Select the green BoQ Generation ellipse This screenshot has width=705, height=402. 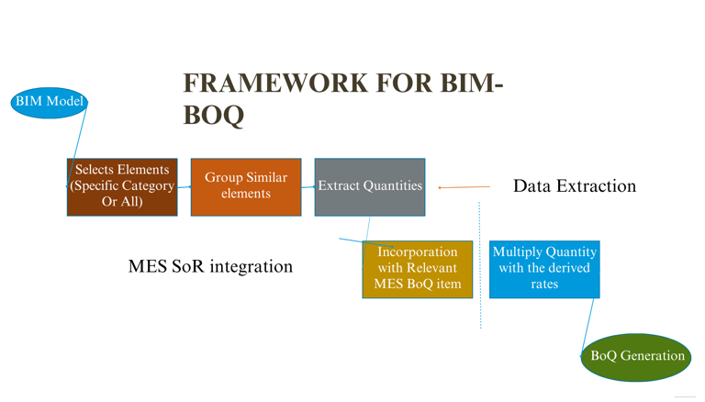[637, 356]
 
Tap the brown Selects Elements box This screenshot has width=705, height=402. [122, 186]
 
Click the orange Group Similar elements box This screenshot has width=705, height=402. [245, 186]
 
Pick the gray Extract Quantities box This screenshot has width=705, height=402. [370, 186]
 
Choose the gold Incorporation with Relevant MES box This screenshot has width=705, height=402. [418, 269]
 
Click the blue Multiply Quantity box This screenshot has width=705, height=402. [544, 269]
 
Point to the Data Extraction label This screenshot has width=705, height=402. [574, 186]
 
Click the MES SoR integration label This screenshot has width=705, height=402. [210, 267]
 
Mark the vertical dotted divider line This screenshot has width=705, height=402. [480, 266]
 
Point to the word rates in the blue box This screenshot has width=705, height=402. [544, 285]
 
